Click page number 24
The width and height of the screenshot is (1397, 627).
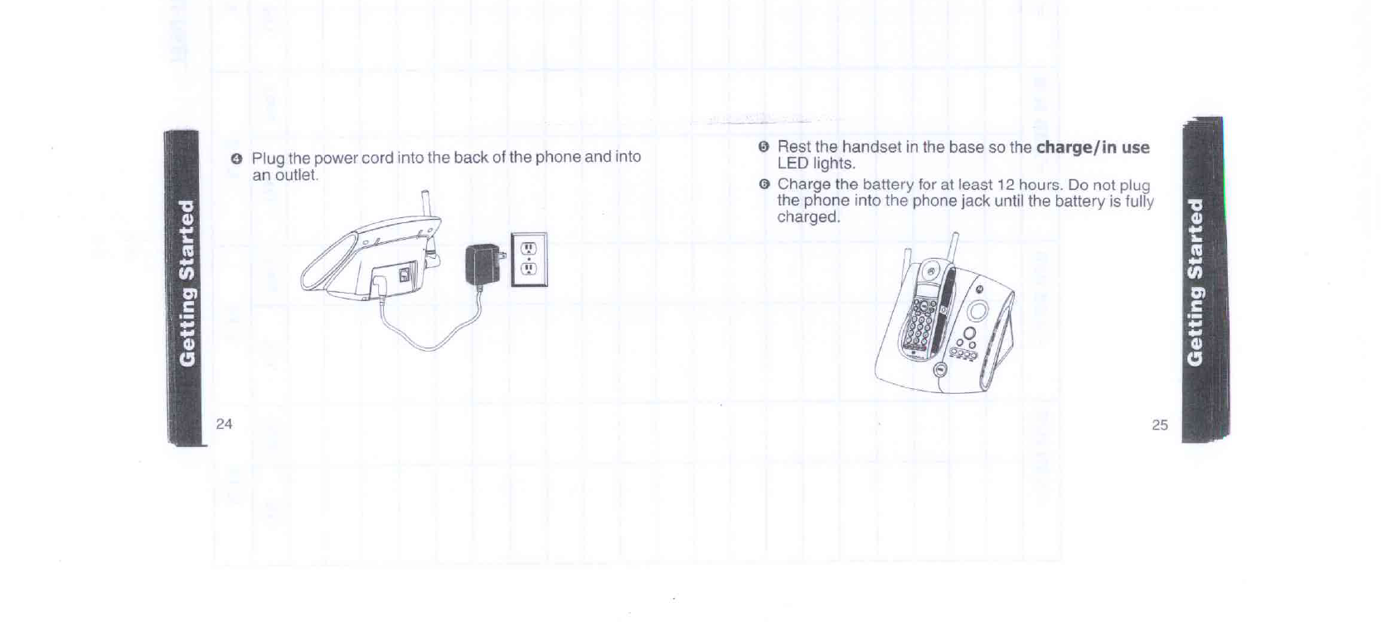pyautogui.click(x=224, y=424)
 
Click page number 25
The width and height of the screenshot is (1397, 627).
pyautogui.click(x=1159, y=425)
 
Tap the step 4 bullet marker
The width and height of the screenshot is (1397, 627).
pyautogui.click(x=236, y=158)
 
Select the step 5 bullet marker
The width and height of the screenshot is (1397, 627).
pyautogui.click(x=764, y=147)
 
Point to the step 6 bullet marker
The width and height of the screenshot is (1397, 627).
pyautogui.click(x=764, y=184)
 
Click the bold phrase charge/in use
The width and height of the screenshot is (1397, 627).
pyautogui.click(x=1093, y=148)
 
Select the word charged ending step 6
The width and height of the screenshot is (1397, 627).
pyautogui.click(x=808, y=217)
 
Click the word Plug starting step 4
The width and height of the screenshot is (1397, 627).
pyautogui.click(x=268, y=158)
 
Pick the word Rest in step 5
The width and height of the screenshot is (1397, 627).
pyautogui.click(x=793, y=147)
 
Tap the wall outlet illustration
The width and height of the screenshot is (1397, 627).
pyautogui.click(x=530, y=260)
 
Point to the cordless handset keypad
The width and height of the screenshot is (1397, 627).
pyautogui.click(x=920, y=324)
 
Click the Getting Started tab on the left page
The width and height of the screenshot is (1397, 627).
pyautogui.click(x=187, y=282)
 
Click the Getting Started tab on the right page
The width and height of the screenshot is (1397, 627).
pyautogui.click(x=1195, y=282)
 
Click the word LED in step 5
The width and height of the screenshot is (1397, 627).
pyautogui.click(x=793, y=163)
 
